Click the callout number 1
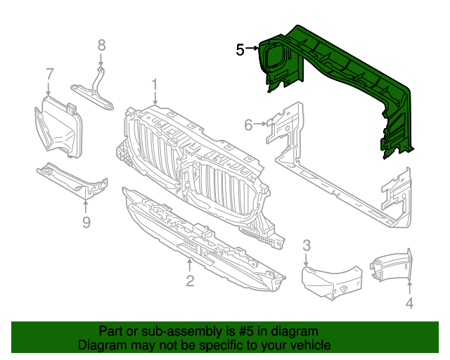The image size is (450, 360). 155,85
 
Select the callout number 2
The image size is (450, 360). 190,282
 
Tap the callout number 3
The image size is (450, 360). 307,245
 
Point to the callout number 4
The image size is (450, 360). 409,304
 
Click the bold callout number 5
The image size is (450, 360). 240,50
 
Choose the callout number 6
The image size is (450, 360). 248,125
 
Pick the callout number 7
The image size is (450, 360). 49,74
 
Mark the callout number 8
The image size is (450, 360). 101,45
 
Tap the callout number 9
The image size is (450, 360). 86,223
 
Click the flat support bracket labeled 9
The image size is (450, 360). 70,179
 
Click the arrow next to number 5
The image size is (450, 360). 253,50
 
